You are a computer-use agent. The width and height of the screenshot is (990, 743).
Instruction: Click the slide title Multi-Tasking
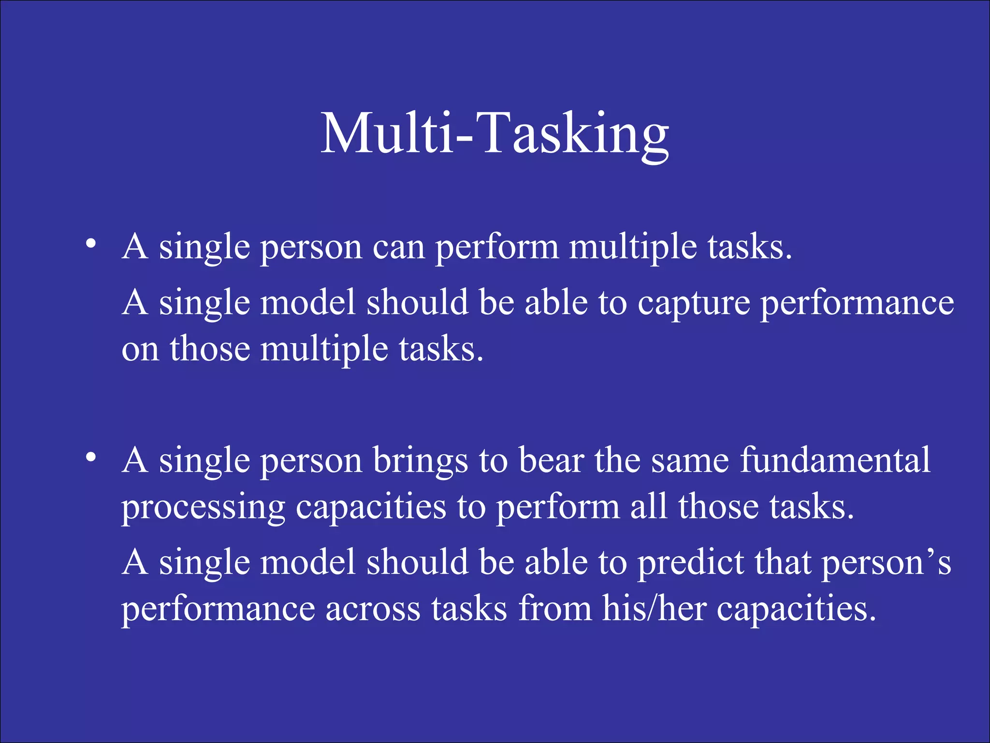[x=495, y=133]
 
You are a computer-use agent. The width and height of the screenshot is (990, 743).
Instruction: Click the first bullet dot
[x=90, y=243]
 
